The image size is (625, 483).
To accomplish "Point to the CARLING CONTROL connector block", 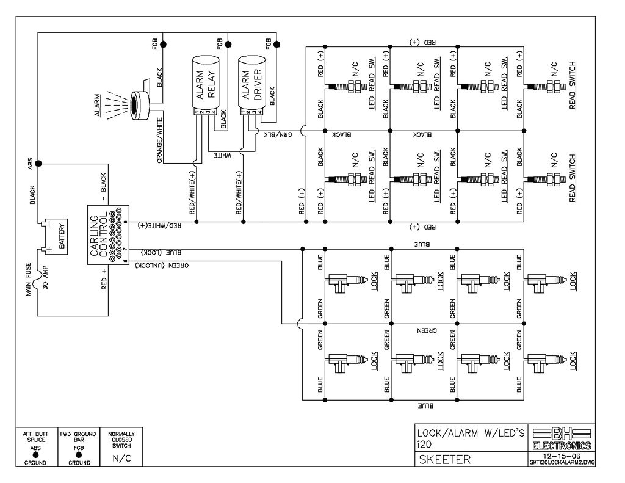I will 107,235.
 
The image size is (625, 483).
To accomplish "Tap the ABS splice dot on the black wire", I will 38,164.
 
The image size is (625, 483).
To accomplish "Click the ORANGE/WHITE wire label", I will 160,137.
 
